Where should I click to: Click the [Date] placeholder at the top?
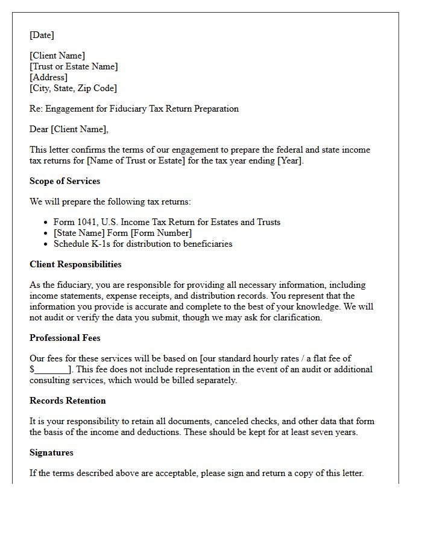coord(42,35)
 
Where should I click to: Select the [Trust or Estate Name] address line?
coord(74,66)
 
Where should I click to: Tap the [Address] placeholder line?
coord(48,77)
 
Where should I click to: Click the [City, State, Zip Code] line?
coord(73,88)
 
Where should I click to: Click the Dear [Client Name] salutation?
coord(69,129)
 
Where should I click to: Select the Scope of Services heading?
coord(65,181)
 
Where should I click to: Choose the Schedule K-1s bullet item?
coord(142,244)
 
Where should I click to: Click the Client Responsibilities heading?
coord(75,264)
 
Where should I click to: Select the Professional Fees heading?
coord(65,338)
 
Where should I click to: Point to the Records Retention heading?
coord(68,401)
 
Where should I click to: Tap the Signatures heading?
coord(51,453)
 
